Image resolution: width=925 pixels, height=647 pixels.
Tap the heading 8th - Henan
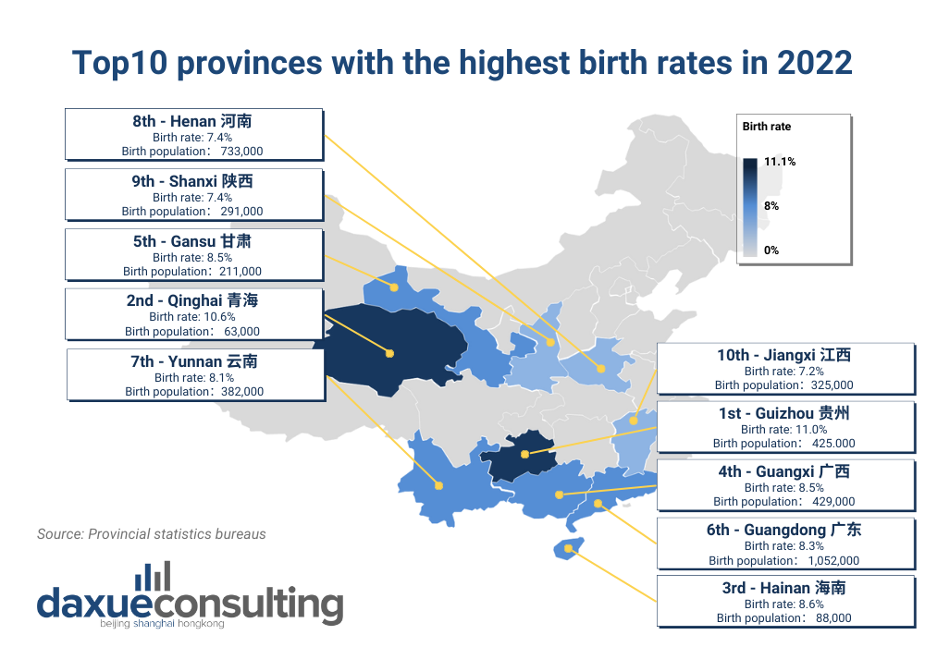(192, 121)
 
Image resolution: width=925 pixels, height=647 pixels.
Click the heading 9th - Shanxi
(192, 182)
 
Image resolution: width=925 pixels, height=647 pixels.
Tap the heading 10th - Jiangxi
(783, 356)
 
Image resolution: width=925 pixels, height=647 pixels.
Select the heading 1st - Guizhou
(783, 414)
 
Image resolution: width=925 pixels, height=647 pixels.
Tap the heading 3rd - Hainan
(783, 588)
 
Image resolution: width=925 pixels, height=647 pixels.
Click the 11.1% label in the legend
(780, 162)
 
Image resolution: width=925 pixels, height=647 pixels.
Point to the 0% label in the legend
(771, 250)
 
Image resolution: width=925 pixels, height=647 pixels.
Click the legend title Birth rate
(767, 127)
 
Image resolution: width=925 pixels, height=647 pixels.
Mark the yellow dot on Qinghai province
(389, 352)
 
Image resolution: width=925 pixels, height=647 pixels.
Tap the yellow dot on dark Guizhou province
(524, 454)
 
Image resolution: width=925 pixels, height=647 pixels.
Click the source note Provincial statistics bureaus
(152, 534)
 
